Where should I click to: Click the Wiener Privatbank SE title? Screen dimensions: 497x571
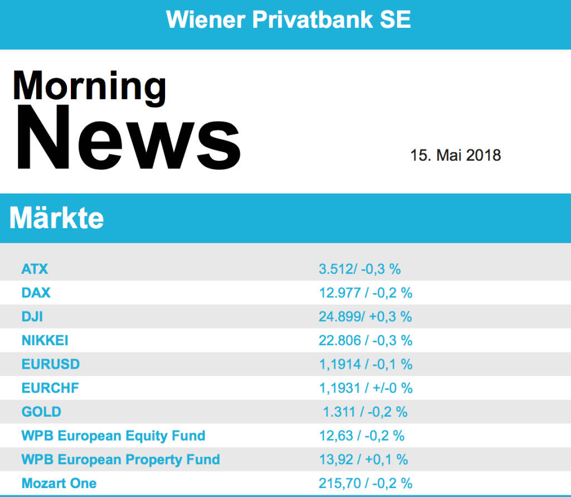(288, 20)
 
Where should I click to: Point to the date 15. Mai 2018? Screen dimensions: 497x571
(456, 155)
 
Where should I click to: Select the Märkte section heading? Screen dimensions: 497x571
(57, 218)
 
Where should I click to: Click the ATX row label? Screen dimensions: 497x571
(35, 269)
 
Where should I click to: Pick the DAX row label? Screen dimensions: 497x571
(36, 292)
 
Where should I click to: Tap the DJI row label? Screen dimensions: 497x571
(32, 316)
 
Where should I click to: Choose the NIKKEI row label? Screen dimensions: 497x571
(45, 340)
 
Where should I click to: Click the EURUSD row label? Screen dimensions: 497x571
(50, 364)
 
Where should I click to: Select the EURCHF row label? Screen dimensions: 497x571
(50, 388)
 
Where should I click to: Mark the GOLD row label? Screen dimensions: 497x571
(41, 412)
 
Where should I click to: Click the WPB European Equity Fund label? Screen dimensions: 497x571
(113, 435)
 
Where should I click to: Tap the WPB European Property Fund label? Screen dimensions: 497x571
(120, 460)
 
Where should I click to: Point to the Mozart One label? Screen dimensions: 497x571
(59, 483)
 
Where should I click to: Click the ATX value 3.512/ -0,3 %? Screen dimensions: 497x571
(360, 269)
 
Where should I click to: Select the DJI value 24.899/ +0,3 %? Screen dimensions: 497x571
(365, 316)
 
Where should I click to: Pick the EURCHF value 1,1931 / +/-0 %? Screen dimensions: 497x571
(366, 388)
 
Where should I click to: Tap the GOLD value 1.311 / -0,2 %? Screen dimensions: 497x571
(365, 412)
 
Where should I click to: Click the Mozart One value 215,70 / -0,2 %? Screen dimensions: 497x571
(365, 483)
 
